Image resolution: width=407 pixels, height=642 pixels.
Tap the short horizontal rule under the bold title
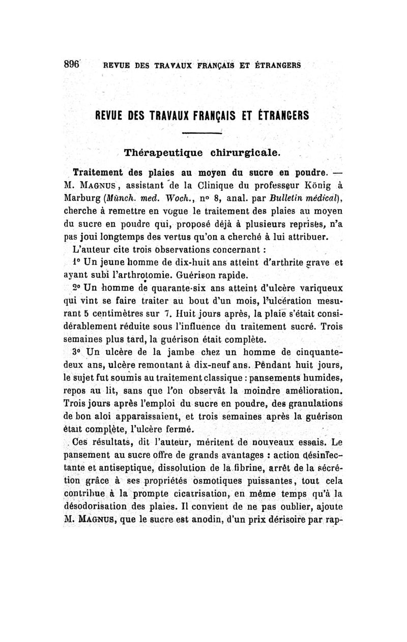203,133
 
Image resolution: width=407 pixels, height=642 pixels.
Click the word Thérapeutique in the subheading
159,152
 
